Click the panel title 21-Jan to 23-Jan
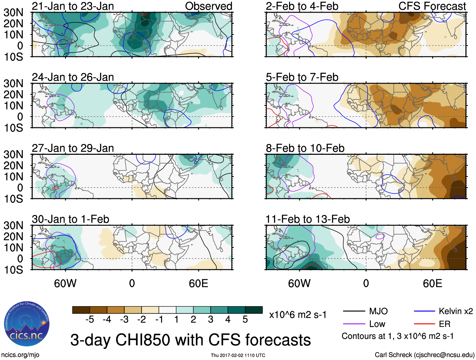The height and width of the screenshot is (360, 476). [x=73, y=6]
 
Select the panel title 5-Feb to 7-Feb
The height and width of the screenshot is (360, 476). [x=302, y=77]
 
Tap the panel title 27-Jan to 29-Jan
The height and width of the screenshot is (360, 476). [x=73, y=148]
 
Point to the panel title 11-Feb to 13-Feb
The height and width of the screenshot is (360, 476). [x=308, y=219]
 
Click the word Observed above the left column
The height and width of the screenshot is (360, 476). [x=209, y=6]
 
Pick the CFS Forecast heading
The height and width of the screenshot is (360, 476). [x=432, y=6]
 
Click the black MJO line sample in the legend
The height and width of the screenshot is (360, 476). [x=354, y=311]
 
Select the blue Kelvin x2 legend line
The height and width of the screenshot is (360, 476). [x=424, y=311]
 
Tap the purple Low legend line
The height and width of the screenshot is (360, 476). [x=354, y=324]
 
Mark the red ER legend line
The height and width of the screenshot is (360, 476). [x=424, y=324]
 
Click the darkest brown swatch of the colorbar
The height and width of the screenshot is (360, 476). [x=81, y=310]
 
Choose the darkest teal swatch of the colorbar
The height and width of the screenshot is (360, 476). [x=254, y=310]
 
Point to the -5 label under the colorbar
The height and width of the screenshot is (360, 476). [x=90, y=320]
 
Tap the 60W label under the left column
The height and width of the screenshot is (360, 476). [x=65, y=283]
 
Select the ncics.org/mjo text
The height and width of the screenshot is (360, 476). [x=20, y=355]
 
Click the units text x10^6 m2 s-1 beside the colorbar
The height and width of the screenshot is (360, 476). [x=298, y=315]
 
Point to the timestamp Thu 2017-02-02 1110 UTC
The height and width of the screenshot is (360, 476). [x=238, y=355]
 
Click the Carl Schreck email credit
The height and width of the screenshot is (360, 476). [x=424, y=355]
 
